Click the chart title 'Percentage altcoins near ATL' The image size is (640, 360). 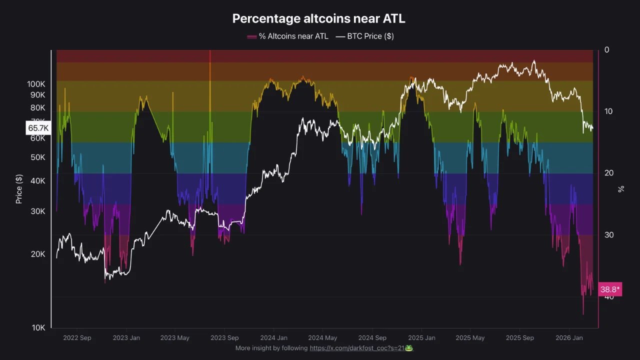click(x=318, y=19)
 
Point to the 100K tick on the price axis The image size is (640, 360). click(x=36, y=84)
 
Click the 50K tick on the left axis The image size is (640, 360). click(x=37, y=157)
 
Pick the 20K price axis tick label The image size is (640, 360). click(x=38, y=254)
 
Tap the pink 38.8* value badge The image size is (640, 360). click(x=610, y=289)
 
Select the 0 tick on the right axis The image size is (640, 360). click(x=607, y=50)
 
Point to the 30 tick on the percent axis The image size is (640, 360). click(x=608, y=235)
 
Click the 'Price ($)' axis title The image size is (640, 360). click(x=19, y=189)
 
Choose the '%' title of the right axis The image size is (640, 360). click(x=621, y=189)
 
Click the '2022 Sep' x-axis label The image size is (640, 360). click(x=77, y=338)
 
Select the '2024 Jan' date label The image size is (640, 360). click(x=273, y=338)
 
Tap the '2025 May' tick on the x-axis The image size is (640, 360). click(x=470, y=338)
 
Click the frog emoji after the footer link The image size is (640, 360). click(x=409, y=348)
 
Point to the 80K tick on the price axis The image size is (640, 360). click(x=37, y=107)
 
